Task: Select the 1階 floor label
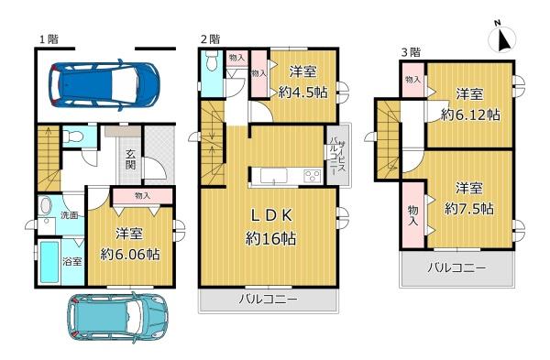coord(49,38)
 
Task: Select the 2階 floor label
coord(210,38)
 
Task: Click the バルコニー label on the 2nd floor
coord(269,300)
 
